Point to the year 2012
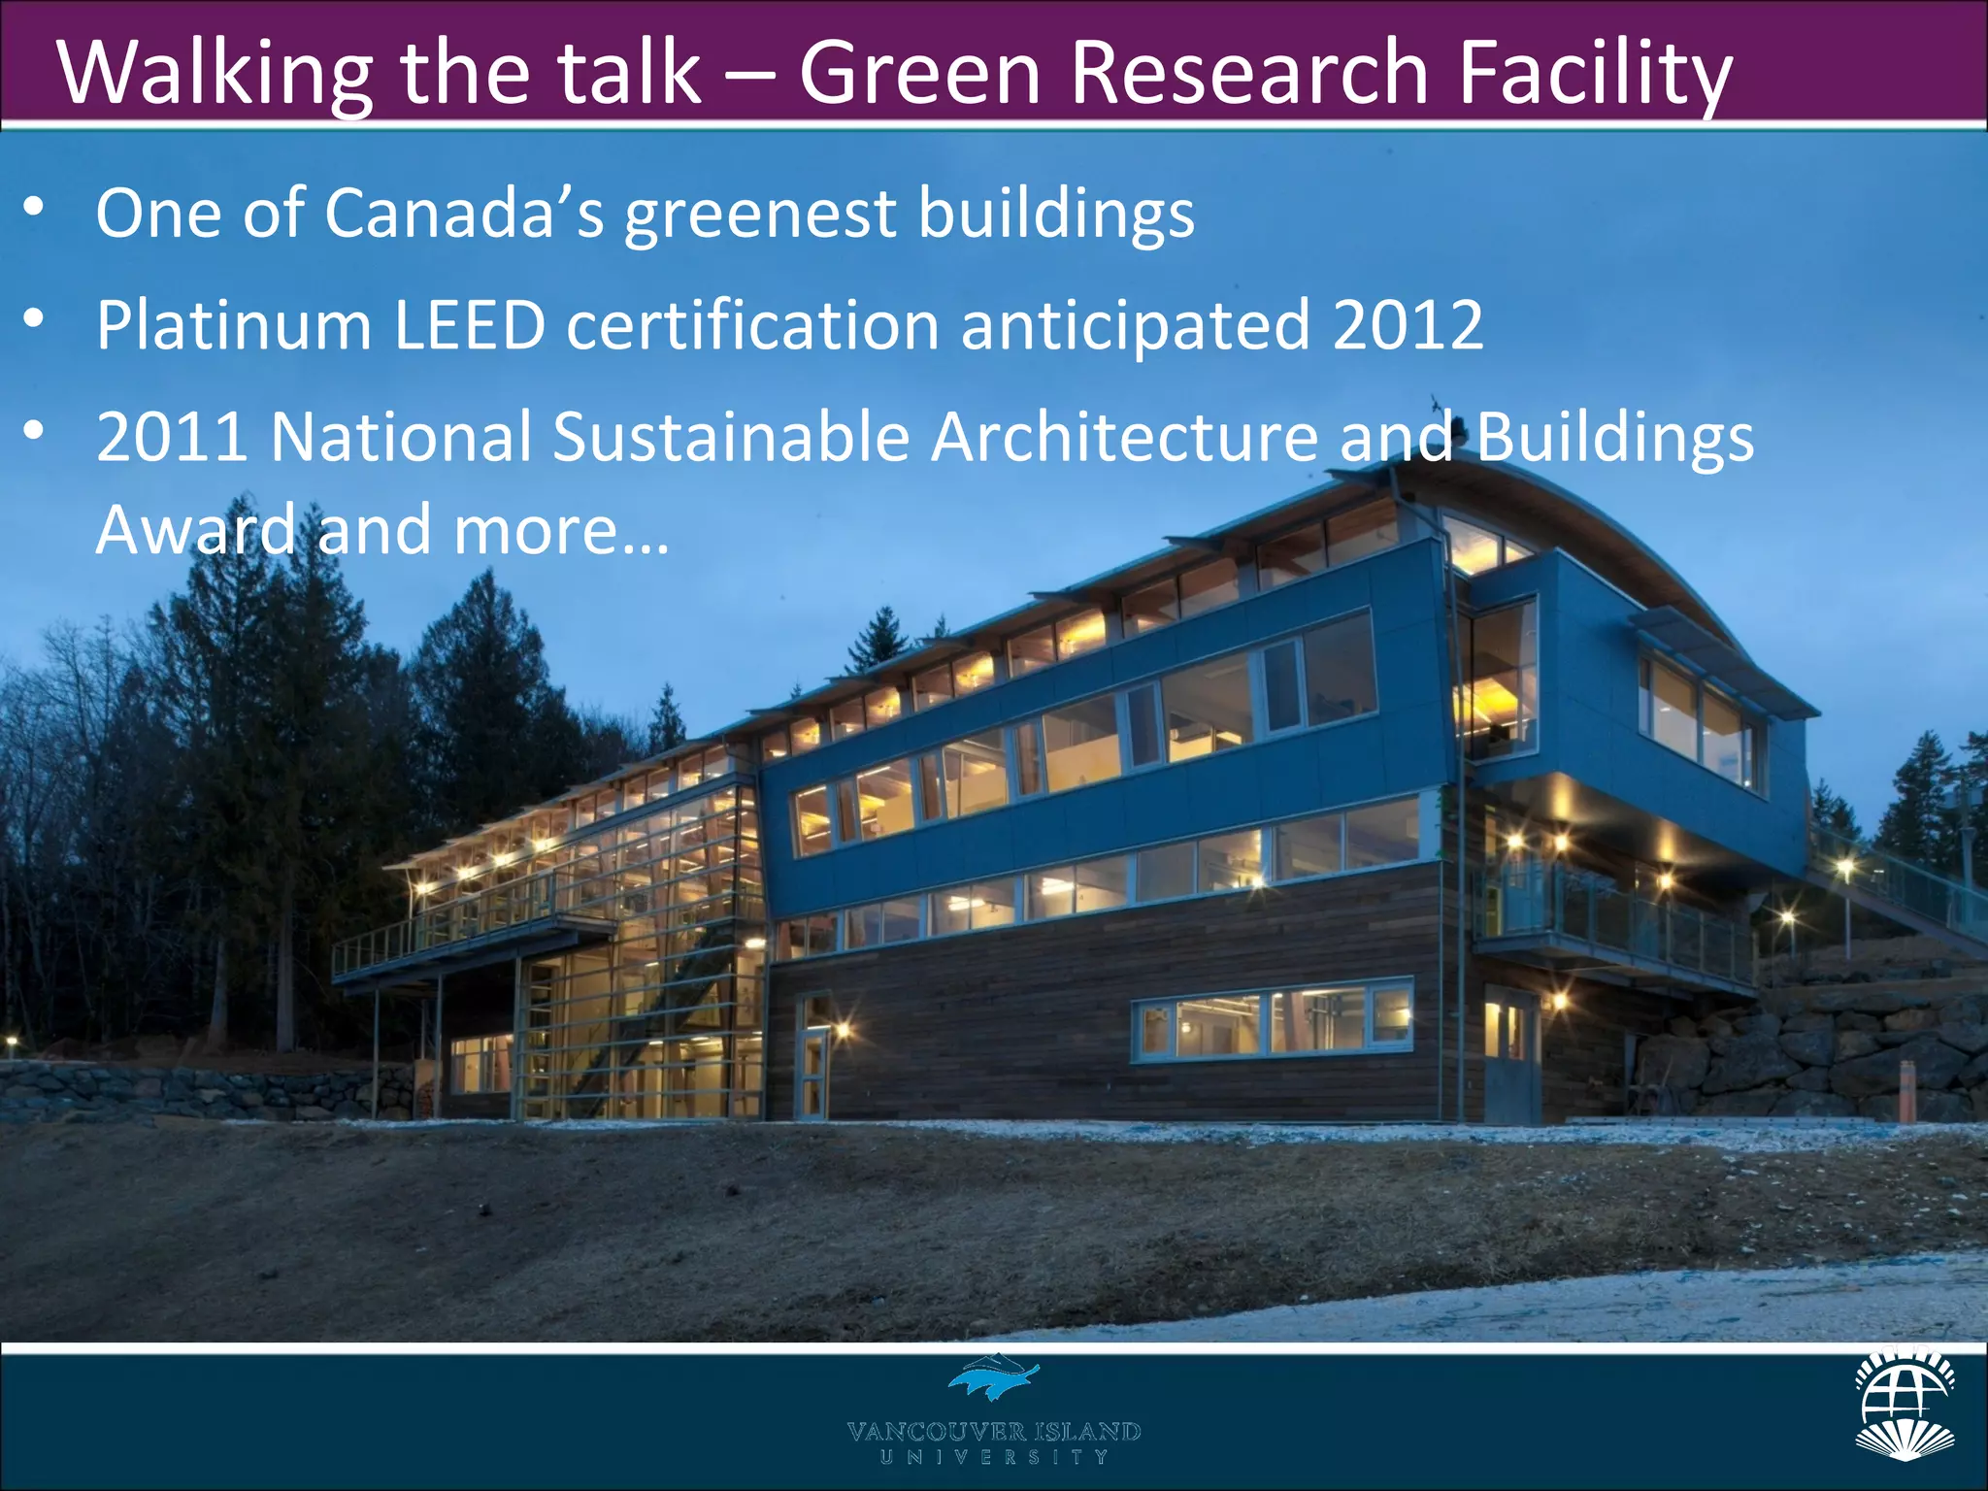click(1408, 325)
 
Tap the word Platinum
click(234, 325)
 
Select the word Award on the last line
click(195, 530)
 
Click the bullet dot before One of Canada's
click(34, 206)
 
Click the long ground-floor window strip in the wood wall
click(1272, 1021)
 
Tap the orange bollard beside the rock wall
click(1907, 1092)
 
